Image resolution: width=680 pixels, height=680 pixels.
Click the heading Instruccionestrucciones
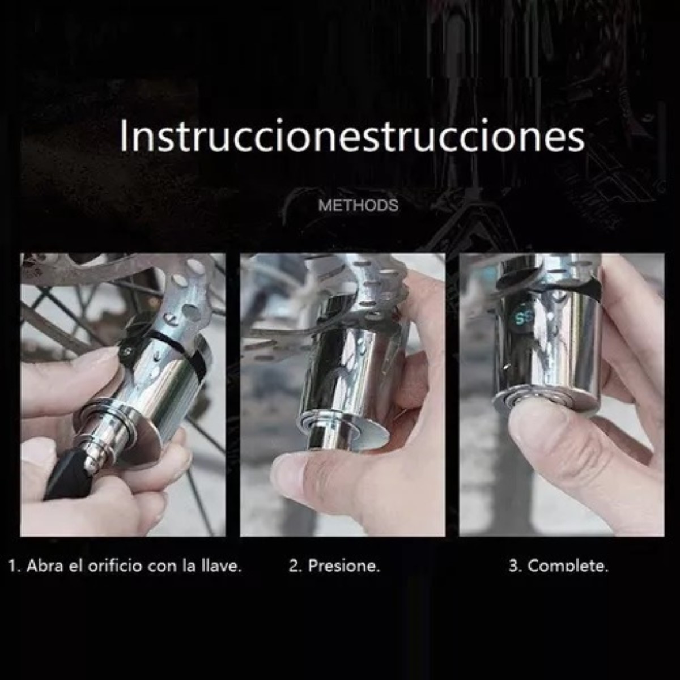point(351,137)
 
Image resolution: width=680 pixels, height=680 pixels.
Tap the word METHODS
point(358,205)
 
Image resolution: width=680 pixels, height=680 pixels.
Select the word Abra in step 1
point(44,566)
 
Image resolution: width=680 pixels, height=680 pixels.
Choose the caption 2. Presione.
point(334,566)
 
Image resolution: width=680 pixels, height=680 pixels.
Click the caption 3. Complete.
point(558,566)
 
